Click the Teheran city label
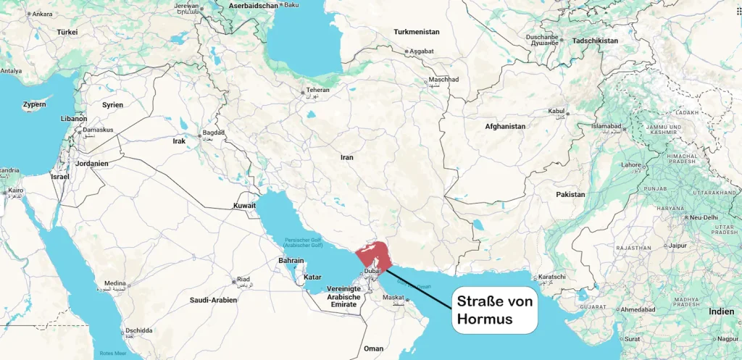click(x=317, y=90)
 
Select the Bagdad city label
click(x=213, y=133)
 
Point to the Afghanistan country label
click(x=505, y=126)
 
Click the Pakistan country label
click(x=570, y=195)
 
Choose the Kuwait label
click(x=244, y=206)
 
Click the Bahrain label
click(x=291, y=260)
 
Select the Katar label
click(x=312, y=277)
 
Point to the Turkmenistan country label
click(x=417, y=32)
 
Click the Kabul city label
click(x=556, y=112)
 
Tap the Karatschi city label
click(x=551, y=277)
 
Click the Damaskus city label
click(x=97, y=130)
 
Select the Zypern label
click(x=34, y=105)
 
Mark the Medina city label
click(x=115, y=283)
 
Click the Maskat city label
click(x=393, y=297)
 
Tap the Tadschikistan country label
click(x=595, y=41)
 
